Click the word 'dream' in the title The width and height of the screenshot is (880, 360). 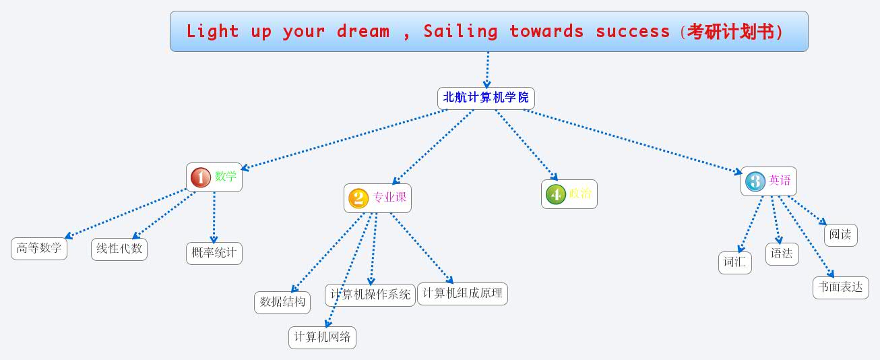(x=363, y=32)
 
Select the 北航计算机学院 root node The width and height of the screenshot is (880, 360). (x=486, y=98)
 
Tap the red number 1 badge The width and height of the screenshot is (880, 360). (x=201, y=177)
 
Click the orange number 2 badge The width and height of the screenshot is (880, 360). (x=358, y=198)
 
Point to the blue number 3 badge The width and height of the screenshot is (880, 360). (x=755, y=181)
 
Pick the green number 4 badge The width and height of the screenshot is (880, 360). (x=555, y=194)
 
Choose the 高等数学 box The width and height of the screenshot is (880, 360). (x=39, y=248)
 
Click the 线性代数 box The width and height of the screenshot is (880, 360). (x=119, y=249)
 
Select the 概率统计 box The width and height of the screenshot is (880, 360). (x=214, y=253)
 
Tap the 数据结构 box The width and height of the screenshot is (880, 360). (x=282, y=302)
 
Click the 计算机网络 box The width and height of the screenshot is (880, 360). (x=322, y=337)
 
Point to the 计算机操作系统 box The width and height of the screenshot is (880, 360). (x=370, y=295)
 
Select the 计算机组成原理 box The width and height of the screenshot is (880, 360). (x=462, y=293)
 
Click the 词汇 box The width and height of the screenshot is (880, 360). (x=734, y=262)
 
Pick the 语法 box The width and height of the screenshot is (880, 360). (x=782, y=253)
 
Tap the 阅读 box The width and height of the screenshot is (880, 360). (x=840, y=235)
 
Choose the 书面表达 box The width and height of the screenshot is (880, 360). (x=840, y=287)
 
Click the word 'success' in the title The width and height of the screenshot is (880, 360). (x=632, y=32)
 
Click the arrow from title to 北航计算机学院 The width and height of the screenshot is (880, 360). (x=487, y=69)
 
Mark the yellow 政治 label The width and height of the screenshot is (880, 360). (x=580, y=194)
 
